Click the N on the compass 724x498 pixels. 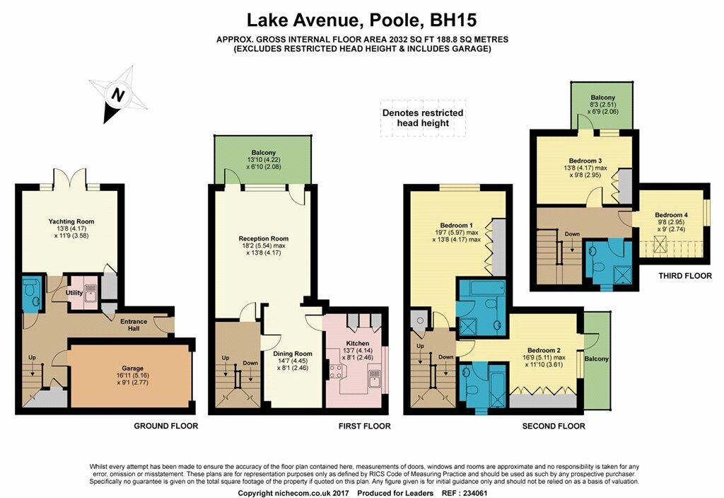[x=119, y=95]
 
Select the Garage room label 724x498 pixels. [x=132, y=368]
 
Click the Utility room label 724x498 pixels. [x=74, y=292]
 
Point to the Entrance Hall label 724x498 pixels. [x=134, y=325]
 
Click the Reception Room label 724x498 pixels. [x=264, y=238]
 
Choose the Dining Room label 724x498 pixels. [x=293, y=354]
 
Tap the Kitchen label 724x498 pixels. [x=358, y=343]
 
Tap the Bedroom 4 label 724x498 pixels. [x=672, y=215]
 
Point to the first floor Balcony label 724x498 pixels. [x=264, y=153]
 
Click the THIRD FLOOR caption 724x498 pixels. [x=685, y=276]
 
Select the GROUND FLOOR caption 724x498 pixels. [x=165, y=425]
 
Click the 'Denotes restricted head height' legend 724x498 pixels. [x=423, y=118]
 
